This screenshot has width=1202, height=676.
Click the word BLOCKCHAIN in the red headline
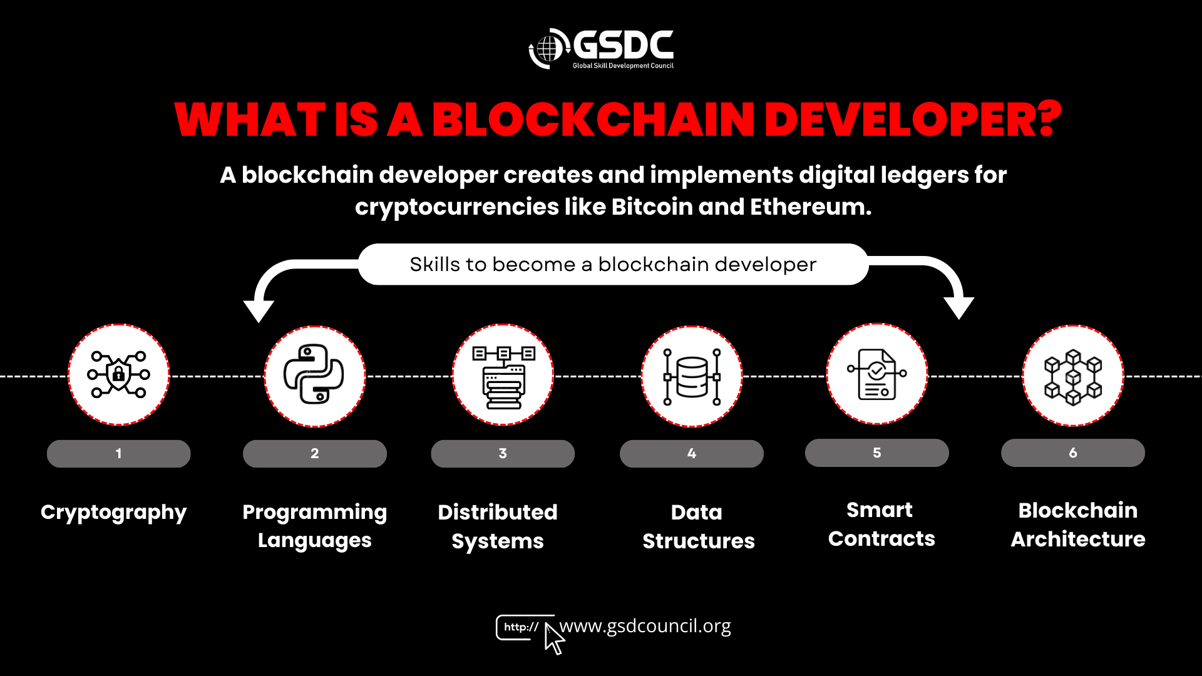(x=593, y=120)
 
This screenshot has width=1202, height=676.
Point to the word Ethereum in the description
(x=811, y=207)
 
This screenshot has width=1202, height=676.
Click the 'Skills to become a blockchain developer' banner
(x=613, y=264)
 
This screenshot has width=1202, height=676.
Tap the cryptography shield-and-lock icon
(x=118, y=374)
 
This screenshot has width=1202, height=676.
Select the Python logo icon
(x=314, y=374)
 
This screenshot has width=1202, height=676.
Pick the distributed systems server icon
(x=503, y=376)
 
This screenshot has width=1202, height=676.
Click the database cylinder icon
(x=692, y=376)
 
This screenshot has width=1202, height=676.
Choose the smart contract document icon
(x=876, y=374)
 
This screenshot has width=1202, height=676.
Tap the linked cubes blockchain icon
(x=1073, y=376)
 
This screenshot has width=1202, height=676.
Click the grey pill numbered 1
(x=118, y=453)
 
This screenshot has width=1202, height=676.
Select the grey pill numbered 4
(x=692, y=453)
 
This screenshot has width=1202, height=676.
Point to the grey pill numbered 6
(x=1073, y=453)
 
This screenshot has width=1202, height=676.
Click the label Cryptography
(x=113, y=513)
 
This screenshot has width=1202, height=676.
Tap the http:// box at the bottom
(x=521, y=627)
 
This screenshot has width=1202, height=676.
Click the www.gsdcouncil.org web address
(x=645, y=626)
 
